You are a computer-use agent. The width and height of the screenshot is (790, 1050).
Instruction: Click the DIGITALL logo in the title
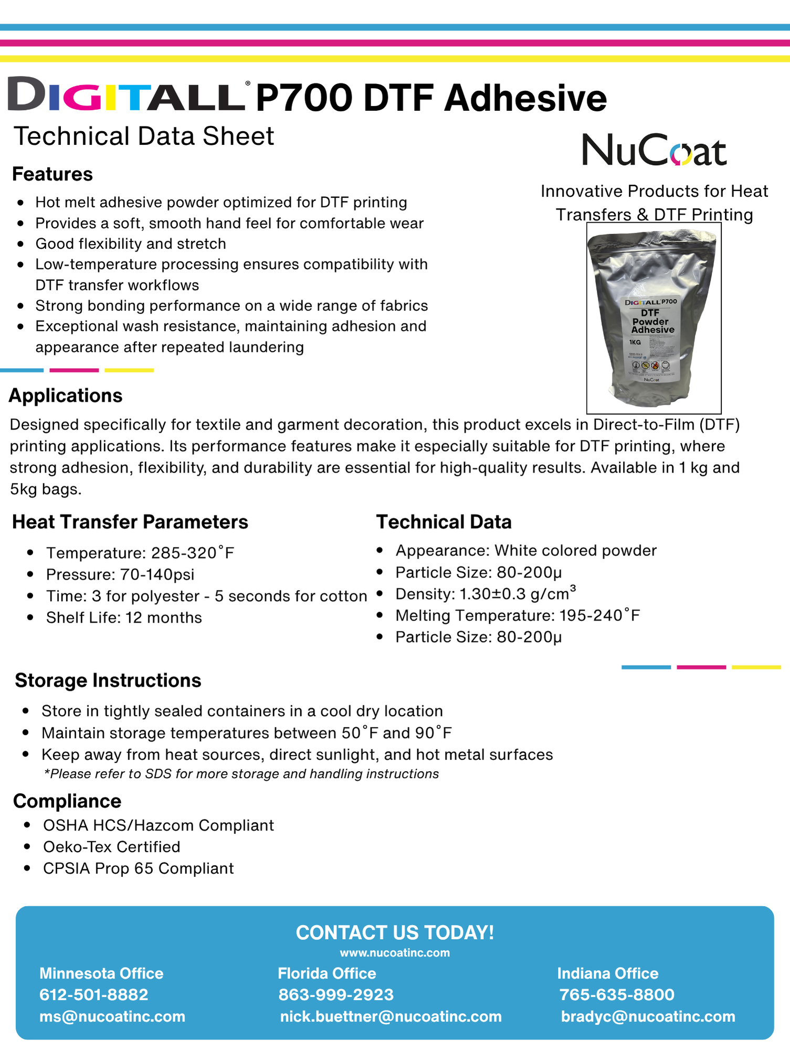[x=126, y=95]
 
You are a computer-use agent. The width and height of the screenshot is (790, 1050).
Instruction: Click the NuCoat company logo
[x=654, y=150]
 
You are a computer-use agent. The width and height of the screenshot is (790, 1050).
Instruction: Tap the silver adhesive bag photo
[x=654, y=318]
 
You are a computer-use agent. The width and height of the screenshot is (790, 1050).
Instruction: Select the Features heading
[x=52, y=174]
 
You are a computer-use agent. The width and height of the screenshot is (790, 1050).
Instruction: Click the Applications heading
[x=66, y=396]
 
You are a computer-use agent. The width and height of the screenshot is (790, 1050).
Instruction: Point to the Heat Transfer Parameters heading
[x=130, y=522]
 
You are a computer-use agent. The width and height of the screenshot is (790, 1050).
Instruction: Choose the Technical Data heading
[x=444, y=522]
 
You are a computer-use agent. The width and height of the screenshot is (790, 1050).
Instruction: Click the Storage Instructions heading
[x=108, y=680]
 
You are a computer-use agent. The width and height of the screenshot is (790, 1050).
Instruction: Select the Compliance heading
[x=67, y=801]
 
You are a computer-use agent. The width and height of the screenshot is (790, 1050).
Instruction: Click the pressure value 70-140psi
[x=157, y=575]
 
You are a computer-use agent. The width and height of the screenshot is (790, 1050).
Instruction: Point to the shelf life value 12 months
[x=163, y=618]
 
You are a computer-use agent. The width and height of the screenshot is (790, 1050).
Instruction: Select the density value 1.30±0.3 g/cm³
[x=518, y=594]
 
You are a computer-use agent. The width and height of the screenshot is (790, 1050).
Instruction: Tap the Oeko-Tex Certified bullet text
[x=111, y=847]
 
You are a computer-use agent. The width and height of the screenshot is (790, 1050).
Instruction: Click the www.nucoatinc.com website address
[x=395, y=953]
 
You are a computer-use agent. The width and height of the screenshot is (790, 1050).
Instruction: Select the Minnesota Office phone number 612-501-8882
[x=94, y=995]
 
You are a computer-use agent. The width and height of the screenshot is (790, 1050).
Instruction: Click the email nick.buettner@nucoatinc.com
[x=391, y=1017]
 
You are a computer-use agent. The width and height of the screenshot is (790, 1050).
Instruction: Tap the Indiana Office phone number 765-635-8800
[x=617, y=995]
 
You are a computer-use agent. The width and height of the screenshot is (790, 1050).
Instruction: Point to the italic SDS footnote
[x=241, y=774]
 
